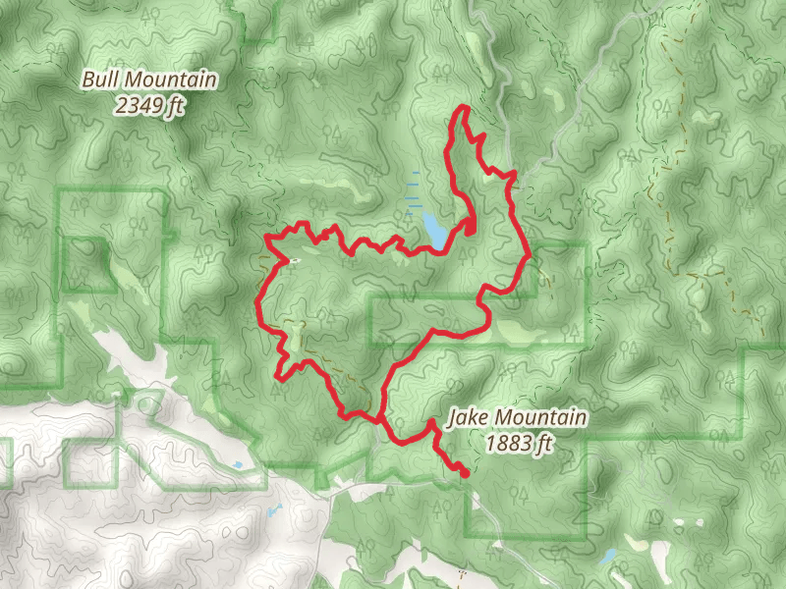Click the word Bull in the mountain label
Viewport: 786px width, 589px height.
point(101,80)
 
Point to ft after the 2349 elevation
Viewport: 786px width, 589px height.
point(176,105)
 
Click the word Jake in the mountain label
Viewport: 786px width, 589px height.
point(467,419)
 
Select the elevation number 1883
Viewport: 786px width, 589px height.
point(508,445)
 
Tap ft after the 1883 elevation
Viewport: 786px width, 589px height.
point(547,445)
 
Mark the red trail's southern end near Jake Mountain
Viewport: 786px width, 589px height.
point(464,473)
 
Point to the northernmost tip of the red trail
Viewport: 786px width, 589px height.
point(463,107)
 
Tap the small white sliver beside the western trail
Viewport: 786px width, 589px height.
point(294,260)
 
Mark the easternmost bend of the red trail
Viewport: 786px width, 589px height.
point(530,254)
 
